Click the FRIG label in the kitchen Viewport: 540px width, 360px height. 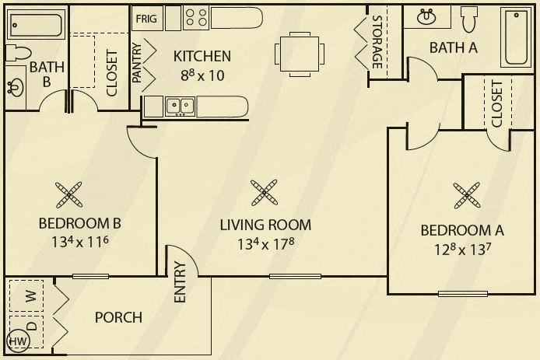[x=146, y=18]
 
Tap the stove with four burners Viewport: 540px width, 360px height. [x=196, y=18]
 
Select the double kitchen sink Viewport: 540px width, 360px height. [x=180, y=107]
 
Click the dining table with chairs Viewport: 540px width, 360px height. [x=300, y=54]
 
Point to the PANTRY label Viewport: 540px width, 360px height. [x=137, y=63]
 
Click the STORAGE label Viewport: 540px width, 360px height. [x=377, y=42]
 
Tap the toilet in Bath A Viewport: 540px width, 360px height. [x=469, y=19]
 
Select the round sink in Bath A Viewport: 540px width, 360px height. [x=426, y=17]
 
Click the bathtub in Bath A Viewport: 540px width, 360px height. [x=516, y=37]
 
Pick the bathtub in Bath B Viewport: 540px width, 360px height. [x=36, y=25]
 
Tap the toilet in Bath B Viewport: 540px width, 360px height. [x=18, y=53]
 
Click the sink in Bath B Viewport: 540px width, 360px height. [x=15, y=88]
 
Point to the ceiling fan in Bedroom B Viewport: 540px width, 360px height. [x=69, y=195]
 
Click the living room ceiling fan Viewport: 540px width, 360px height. [x=264, y=193]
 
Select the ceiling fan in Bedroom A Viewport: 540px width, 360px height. [x=467, y=195]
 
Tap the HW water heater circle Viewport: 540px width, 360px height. [x=18, y=341]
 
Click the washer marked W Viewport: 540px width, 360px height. [x=27, y=296]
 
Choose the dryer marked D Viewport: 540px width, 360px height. [x=27, y=330]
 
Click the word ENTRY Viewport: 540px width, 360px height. [x=180, y=282]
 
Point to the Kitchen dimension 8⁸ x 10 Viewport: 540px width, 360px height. [x=202, y=75]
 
